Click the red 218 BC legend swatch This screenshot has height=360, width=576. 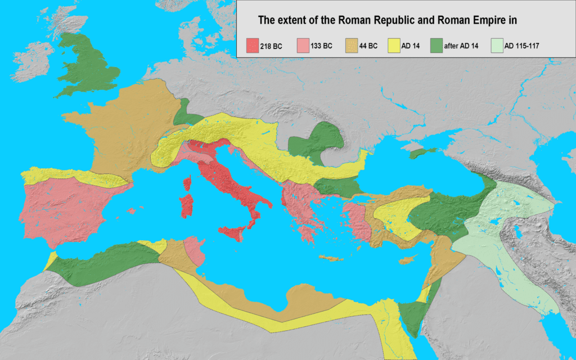click(253, 46)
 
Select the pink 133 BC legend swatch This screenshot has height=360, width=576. click(304, 46)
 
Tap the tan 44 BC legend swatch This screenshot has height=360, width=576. click(353, 46)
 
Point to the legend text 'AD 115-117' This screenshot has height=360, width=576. click(523, 46)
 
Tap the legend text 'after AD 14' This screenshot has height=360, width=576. click(463, 46)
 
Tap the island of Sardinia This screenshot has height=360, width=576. click(186, 205)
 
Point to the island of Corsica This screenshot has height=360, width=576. click(188, 183)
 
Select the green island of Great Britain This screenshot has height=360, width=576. click(90, 67)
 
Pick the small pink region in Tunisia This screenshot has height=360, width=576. click(193, 250)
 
